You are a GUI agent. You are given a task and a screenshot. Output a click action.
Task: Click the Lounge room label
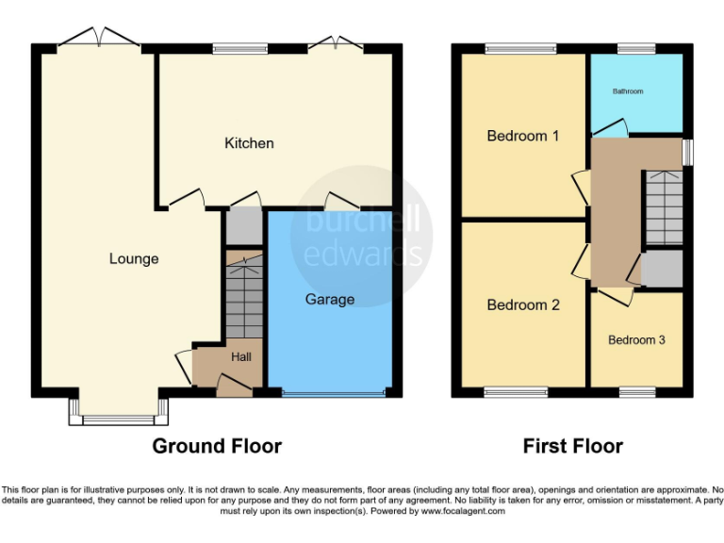tap(134, 259)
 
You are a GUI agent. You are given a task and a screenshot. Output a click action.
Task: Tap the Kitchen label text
tap(249, 143)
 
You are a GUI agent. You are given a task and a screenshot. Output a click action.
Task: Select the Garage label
tap(330, 300)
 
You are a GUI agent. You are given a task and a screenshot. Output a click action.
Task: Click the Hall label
tap(241, 357)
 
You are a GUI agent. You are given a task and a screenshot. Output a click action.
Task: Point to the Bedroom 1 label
tap(522, 136)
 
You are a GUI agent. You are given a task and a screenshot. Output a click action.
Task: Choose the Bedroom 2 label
tap(522, 305)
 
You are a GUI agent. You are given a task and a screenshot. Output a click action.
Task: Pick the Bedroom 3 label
tap(636, 339)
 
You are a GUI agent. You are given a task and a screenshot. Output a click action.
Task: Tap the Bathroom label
tap(628, 91)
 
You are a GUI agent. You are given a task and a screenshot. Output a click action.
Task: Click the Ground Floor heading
tap(217, 446)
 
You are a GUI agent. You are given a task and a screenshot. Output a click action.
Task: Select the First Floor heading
tap(573, 446)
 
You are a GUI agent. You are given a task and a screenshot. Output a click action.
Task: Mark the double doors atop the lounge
tap(98, 39)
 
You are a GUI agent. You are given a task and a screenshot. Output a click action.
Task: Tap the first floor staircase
tap(663, 207)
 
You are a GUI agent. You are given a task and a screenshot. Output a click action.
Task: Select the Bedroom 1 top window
tap(520, 48)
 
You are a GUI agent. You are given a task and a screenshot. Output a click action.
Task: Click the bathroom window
tap(636, 48)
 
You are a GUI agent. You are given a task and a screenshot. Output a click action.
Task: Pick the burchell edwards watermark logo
tap(362, 236)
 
